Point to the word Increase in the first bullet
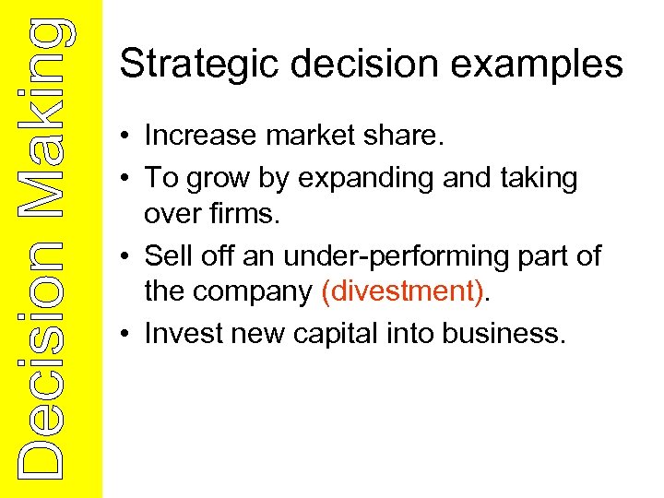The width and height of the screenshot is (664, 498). [x=199, y=136]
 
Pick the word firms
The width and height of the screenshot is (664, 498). [x=243, y=213]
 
